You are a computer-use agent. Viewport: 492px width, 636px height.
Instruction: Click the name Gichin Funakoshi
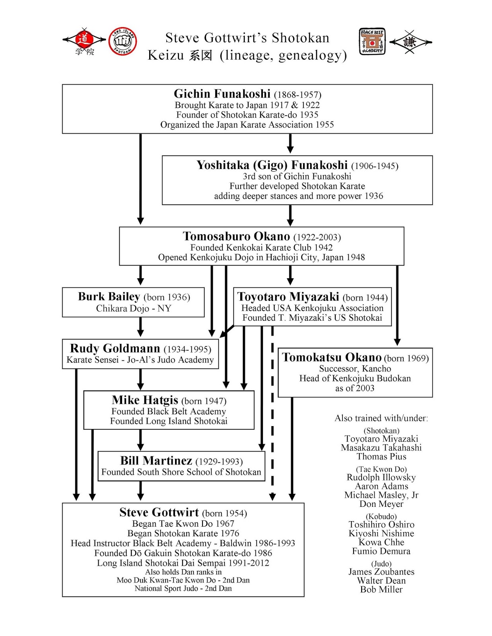click(x=222, y=94)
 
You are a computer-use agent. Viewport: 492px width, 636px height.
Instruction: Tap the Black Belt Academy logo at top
click(x=372, y=41)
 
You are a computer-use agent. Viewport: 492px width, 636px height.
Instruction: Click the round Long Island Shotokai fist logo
click(x=123, y=41)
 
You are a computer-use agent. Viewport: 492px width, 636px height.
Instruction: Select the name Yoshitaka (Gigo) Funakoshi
click(x=272, y=165)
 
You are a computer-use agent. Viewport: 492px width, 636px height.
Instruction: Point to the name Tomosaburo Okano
click(x=236, y=236)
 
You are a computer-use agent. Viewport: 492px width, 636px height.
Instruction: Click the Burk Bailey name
click(x=109, y=297)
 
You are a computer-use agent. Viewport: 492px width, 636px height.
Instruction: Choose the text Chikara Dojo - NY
click(x=134, y=308)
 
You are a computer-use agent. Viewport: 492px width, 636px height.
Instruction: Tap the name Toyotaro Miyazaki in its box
click(x=288, y=297)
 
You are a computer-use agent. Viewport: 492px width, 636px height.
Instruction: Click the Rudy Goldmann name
click(x=115, y=349)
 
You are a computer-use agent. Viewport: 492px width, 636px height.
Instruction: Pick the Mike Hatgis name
click(x=145, y=400)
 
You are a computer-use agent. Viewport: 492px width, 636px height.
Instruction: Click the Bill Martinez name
click(x=156, y=461)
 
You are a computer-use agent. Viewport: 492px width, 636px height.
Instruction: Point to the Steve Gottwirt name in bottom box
click(x=159, y=512)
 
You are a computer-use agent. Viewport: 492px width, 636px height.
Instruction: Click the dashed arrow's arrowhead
click(x=272, y=497)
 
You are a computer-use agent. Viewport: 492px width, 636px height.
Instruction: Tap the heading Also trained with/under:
click(x=381, y=418)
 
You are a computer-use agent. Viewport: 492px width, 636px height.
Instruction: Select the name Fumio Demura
click(x=381, y=551)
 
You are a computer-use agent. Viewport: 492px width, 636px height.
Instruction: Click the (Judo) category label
click(x=381, y=564)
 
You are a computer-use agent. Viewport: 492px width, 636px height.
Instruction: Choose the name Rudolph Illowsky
click(x=381, y=477)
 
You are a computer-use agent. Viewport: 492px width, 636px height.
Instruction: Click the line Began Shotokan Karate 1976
click(x=183, y=533)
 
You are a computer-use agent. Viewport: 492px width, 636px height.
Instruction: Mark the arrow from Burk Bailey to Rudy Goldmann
click(x=140, y=327)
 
